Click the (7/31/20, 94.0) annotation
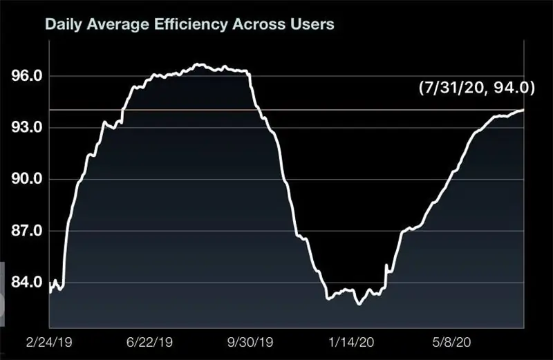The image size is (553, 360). click(477, 87)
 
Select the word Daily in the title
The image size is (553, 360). click(62, 24)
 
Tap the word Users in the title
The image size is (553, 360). click(315, 24)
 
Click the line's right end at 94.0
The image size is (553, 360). click(523, 110)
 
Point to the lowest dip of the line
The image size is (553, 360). click(358, 304)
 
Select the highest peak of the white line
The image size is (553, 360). click(198, 64)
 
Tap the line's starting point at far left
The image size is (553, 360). click(50, 292)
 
